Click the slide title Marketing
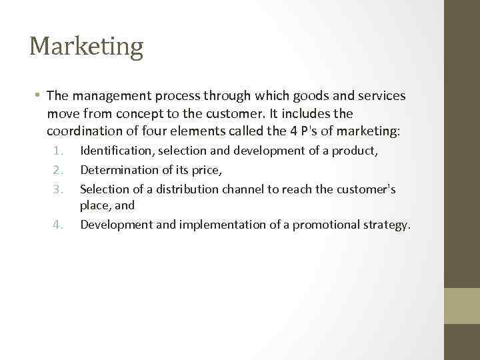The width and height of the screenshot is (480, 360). point(86,47)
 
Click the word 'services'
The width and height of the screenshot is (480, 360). point(381,96)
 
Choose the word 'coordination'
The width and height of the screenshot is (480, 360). point(86,131)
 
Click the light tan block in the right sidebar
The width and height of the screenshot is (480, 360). point(462,305)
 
